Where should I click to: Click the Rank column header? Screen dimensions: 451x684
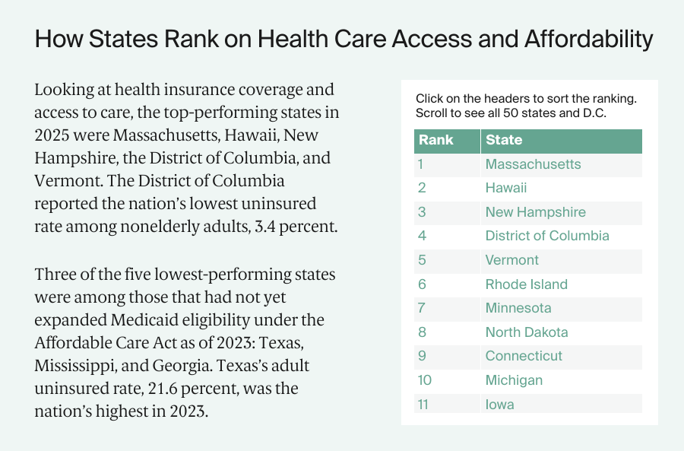[x=435, y=141]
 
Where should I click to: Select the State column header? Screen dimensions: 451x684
[x=504, y=141]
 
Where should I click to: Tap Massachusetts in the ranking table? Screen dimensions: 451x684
[x=533, y=164]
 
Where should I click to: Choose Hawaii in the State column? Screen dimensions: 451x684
[x=505, y=188]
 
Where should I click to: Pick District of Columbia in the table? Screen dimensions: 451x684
[x=546, y=236]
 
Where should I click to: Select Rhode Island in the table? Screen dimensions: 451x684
[x=526, y=284]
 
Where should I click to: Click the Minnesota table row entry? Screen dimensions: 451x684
[x=518, y=308]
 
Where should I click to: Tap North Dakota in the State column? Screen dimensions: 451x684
[x=526, y=332]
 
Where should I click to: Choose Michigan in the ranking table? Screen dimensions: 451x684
[x=514, y=380]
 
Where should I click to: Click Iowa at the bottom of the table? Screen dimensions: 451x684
[x=499, y=405]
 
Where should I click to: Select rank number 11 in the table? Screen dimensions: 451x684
[x=423, y=405]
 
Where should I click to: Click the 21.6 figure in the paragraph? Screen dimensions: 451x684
[x=141, y=389]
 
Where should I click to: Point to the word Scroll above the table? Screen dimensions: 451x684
[x=433, y=113]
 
